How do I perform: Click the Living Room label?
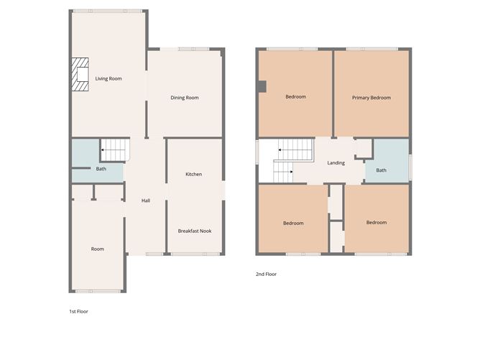click(x=108, y=78)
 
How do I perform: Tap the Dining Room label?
click(x=185, y=98)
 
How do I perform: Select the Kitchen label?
click(x=193, y=175)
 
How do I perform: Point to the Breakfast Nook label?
click(x=194, y=231)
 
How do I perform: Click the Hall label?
click(x=146, y=200)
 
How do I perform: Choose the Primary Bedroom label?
click(x=371, y=98)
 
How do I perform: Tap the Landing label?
click(x=336, y=163)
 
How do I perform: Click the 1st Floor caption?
click(x=78, y=312)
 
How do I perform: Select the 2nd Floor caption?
click(x=266, y=274)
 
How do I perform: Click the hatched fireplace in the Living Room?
click(x=80, y=75)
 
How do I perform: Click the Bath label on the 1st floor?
click(x=101, y=170)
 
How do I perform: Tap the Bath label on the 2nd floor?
click(x=381, y=170)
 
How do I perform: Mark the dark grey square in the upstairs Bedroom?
click(x=262, y=87)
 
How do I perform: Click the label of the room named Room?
click(x=98, y=249)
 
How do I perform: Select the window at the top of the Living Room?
click(x=108, y=11)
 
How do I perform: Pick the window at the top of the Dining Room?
click(x=185, y=49)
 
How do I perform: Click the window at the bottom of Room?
click(x=98, y=291)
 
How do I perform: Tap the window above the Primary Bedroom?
click(x=371, y=49)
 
